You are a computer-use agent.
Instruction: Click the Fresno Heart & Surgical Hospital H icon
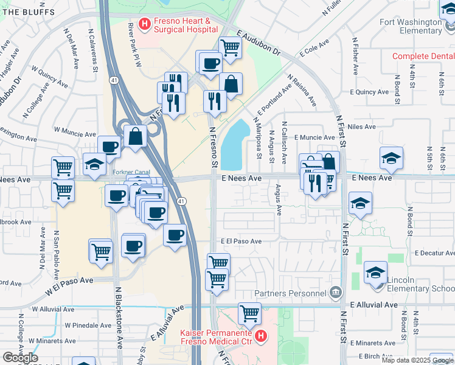click(x=145, y=25)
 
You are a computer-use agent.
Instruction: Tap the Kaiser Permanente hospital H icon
click(x=260, y=336)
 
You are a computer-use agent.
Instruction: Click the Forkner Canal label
click(x=131, y=172)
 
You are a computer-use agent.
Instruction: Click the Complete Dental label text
click(x=423, y=56)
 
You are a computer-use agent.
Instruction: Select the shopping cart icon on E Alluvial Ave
click(x=249, y=313)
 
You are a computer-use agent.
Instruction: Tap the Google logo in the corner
click(x=20, y=358)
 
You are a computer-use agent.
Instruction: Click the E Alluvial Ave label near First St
click(x=373, y=305)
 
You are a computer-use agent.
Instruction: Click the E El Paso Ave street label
click(x=241, y=242)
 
